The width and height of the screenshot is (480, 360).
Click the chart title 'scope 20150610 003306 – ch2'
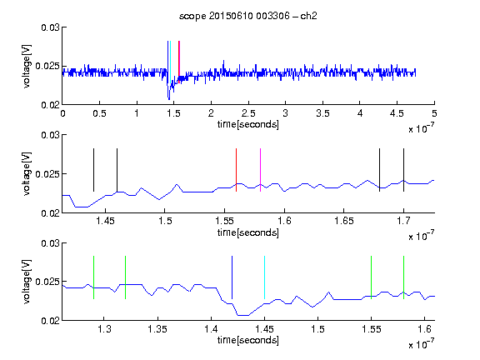[248, 16]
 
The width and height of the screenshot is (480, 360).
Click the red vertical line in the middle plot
[236, 170]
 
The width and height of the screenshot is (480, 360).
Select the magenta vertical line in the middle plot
[260, 170]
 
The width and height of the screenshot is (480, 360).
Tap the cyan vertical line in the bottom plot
[264, 277]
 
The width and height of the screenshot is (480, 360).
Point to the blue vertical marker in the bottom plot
[232, 277]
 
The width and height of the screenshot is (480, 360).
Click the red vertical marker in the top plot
[179, 62]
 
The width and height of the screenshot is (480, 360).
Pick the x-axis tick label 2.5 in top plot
[248, 113]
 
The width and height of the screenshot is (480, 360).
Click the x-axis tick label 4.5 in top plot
[397, 113]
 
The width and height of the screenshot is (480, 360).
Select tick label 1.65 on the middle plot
[344, 221]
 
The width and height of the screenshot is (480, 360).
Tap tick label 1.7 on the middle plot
[403, 221]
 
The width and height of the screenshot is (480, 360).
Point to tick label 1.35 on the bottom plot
[157, 329]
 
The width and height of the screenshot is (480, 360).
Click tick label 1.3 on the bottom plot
[104, 329]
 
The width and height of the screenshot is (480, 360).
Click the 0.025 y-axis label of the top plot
[47, 66]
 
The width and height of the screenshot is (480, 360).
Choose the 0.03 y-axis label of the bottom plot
[50, 243]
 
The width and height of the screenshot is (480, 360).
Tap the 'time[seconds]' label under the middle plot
[248, 232]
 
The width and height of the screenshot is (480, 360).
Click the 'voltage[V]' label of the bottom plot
[27, 282]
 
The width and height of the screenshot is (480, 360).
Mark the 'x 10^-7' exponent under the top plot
[421, 128]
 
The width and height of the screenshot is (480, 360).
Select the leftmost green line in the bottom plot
[93, 277]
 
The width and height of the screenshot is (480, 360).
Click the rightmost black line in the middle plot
[403, 170]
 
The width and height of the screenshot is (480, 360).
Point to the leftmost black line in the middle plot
[93, 170]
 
